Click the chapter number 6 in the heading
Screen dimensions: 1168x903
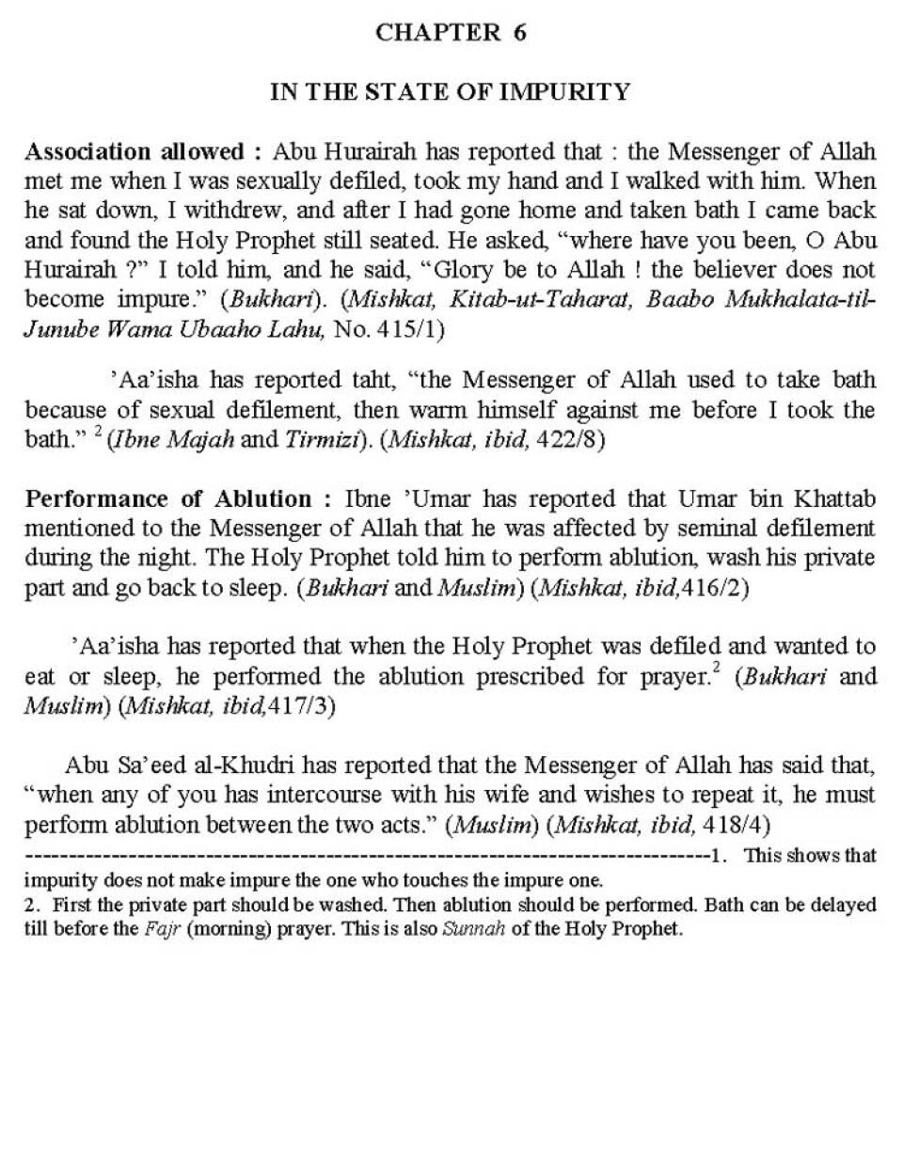519,33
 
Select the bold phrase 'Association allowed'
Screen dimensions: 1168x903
135,152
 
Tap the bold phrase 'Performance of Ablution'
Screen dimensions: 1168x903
168,498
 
